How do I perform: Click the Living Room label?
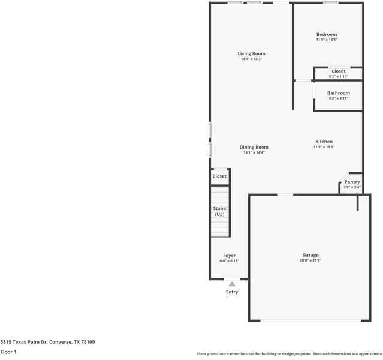pos(251,54)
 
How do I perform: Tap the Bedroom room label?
pos(327,35)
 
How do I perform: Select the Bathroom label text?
pos(338,93)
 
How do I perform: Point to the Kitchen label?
pos(324,142)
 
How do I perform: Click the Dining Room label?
pos(254,147)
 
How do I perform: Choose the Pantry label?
pos(352,182)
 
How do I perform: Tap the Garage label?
pos(310,255)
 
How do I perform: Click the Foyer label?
pos(229,256)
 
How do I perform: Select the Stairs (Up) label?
pos(219,211)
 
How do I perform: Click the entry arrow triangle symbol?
pos(232,284)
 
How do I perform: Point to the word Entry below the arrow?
pos(232,292)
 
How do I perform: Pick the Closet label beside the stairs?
pos(219,176)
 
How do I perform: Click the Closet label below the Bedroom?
pos(338,71)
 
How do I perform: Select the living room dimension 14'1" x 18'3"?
pos(251,59)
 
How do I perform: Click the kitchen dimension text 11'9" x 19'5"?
pos(324,147)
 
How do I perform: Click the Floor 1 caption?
pos(8,352)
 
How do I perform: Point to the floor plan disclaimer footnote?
pos(289,354)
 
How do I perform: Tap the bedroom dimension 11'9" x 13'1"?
pos(327,40)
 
